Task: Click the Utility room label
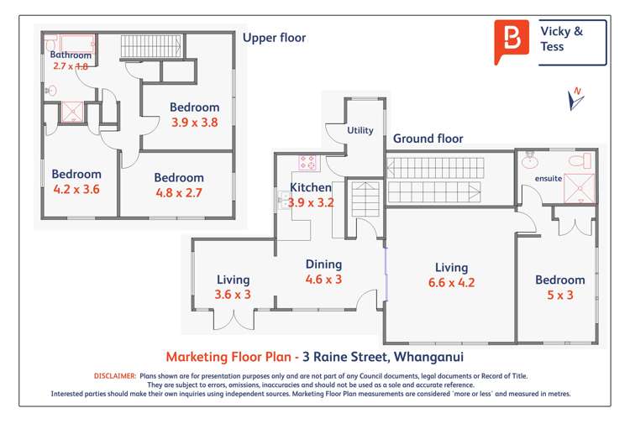click(x=360, y=130)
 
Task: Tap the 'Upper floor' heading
click(x=274, y=38)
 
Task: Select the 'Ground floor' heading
click(x=428, y=139)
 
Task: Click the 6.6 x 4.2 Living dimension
click(x=451, y=283)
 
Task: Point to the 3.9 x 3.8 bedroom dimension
click(x=194, y=122)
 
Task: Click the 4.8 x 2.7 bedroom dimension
click(x=179, y=192)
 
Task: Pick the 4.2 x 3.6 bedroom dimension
click(x=76, y=189)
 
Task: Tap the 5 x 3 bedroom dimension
click(x=559, y=295)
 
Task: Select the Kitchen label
click(x=311, y=187)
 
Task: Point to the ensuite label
click(x=548, y=179)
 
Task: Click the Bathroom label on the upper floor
click(x=70, y=55)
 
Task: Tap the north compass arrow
click(x=576, y=99)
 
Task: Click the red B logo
click(x=512, y=41)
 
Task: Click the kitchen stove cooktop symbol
click(x=307, y=163)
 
